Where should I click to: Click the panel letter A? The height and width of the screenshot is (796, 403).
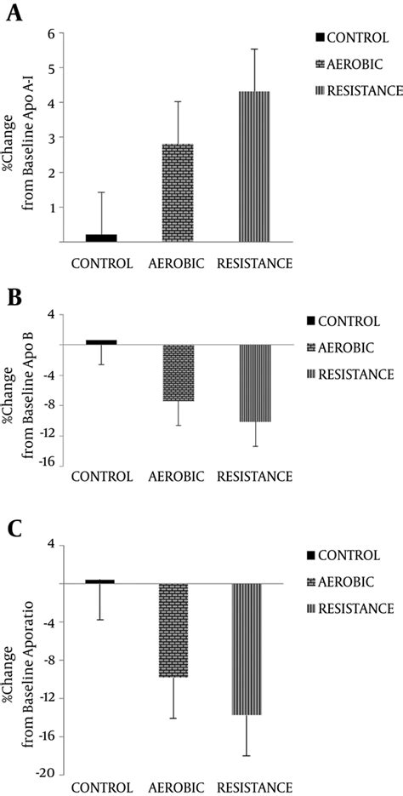coord(14,14)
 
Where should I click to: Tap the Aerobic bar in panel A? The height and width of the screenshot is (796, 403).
coord(179,193)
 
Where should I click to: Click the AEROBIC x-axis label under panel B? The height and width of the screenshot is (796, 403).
coord(179,477)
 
